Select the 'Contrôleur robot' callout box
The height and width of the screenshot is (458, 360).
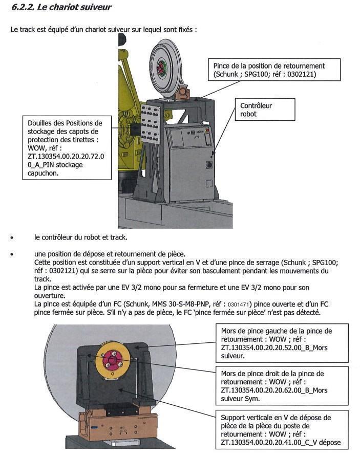(264, 110)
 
